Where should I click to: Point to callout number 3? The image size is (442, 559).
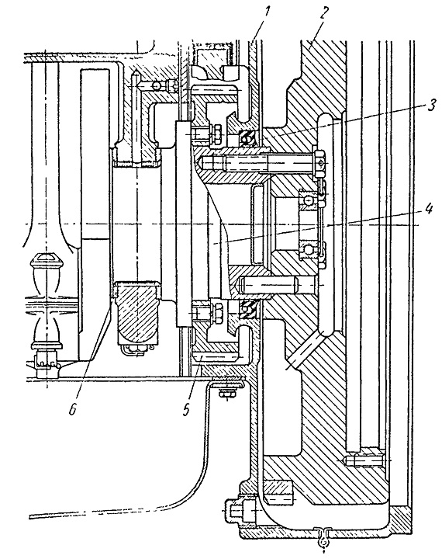tap(431, 106)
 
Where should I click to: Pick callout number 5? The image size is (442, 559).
tap(186, 409)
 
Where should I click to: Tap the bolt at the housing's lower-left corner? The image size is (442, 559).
tap(240, 511)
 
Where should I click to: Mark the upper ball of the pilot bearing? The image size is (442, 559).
tap(307, 201)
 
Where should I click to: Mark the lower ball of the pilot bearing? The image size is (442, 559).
tap(307, 248)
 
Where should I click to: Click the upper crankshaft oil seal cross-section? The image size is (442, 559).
tap(247, 138)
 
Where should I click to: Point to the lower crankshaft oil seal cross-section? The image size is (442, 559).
tap(247, 306)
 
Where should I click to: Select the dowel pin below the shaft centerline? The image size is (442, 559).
tap(276, 285)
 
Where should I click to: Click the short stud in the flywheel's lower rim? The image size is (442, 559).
tap(363, 460)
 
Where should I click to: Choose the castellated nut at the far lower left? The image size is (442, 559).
tap(46, 361)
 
